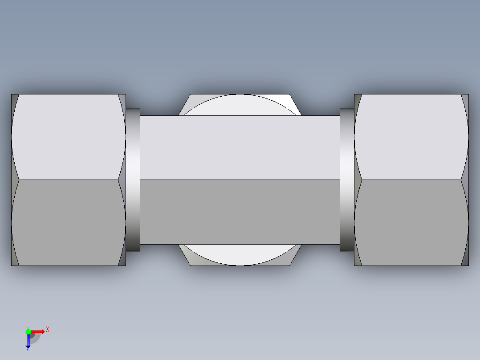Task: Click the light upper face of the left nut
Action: (68, 137)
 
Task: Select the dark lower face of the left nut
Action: (68, 223)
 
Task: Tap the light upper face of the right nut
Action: (411, 137)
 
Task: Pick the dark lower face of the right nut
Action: (411, 223)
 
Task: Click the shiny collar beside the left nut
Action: (133, 180)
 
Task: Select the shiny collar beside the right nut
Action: (347, 180)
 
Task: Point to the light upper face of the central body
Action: (240, 147)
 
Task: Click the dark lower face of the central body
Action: (240, 212)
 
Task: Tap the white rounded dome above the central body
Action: (240, 105)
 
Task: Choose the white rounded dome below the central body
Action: (240, 255)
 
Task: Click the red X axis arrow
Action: (38, 331)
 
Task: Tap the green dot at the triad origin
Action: (28, 331)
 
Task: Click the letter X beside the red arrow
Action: (48, 330)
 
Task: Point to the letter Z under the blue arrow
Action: (28, 350)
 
